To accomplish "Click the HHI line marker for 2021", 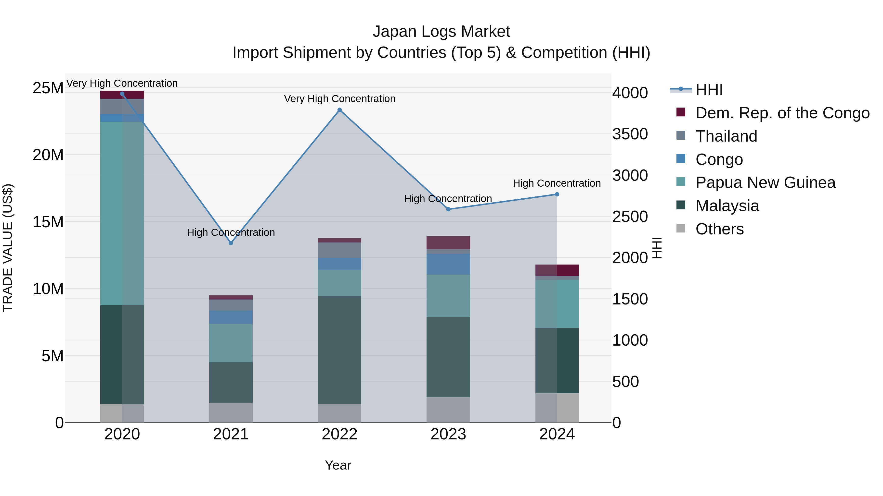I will (x=231, y=243).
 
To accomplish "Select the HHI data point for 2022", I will (x=339, y=110).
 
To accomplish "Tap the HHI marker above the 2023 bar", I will (x=448, y=209).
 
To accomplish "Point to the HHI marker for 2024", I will (x=557, y=194).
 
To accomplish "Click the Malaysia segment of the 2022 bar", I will (x=339, y=350).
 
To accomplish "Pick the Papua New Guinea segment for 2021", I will (x=231, y=343).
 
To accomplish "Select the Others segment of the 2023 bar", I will (x=448, y=410).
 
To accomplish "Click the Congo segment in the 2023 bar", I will (x=448, y=264).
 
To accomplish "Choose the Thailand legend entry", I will (x=726, y=136).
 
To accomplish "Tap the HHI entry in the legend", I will (x=709, y=90).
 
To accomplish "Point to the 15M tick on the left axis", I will (x=48, y=222).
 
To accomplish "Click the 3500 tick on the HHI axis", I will (x=630, y=134).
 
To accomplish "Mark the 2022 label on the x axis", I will (x=339, y=434).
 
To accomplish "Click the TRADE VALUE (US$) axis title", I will (x=8, y=248).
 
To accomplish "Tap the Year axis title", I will (x=338, y=465).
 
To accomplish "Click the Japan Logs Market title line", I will (x=441, y=32).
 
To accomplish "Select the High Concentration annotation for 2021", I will (x=231, y=232).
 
